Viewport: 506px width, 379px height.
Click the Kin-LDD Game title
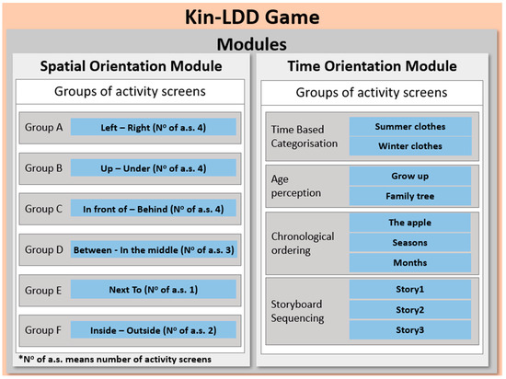point(252,17)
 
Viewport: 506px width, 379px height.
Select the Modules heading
point(252,44)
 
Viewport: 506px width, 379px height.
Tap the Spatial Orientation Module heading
point(131,66)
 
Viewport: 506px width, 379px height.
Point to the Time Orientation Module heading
point(372,66)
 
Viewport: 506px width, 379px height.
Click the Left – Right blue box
point(154,127)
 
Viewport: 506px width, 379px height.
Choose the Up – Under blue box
point(154,168)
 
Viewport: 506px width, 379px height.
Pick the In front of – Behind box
point(154,209)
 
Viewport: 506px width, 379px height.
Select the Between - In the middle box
point(154,249)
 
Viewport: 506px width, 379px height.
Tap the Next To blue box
point(154,290)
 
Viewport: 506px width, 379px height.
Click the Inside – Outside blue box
point(154,330)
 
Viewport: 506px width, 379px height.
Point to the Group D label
point(44,249)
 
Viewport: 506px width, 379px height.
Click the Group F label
point(43,330)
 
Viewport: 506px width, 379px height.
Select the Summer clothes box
point(410,126)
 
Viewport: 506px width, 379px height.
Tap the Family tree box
point(409,196)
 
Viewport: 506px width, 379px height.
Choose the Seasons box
point(409,242)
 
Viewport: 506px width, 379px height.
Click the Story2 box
point(409,310)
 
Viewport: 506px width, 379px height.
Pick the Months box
point(409,262)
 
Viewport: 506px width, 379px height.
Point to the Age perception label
point(296,186)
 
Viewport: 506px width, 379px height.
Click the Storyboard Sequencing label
point(297,311)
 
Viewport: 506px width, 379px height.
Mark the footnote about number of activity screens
point(115,359)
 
